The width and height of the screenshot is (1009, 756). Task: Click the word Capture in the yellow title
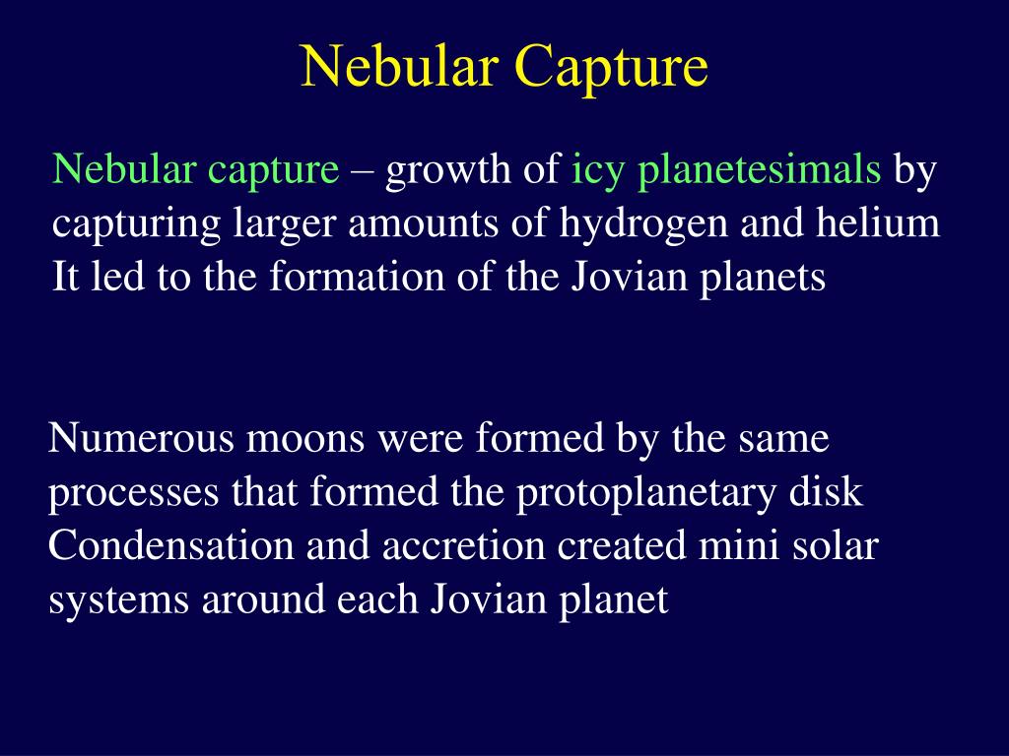611,68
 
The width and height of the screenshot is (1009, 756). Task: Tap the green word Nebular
124,169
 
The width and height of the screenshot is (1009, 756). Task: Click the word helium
878,223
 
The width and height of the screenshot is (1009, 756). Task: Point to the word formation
357,277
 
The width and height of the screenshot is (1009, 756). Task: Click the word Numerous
141,439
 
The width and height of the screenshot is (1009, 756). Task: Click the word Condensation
171,545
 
